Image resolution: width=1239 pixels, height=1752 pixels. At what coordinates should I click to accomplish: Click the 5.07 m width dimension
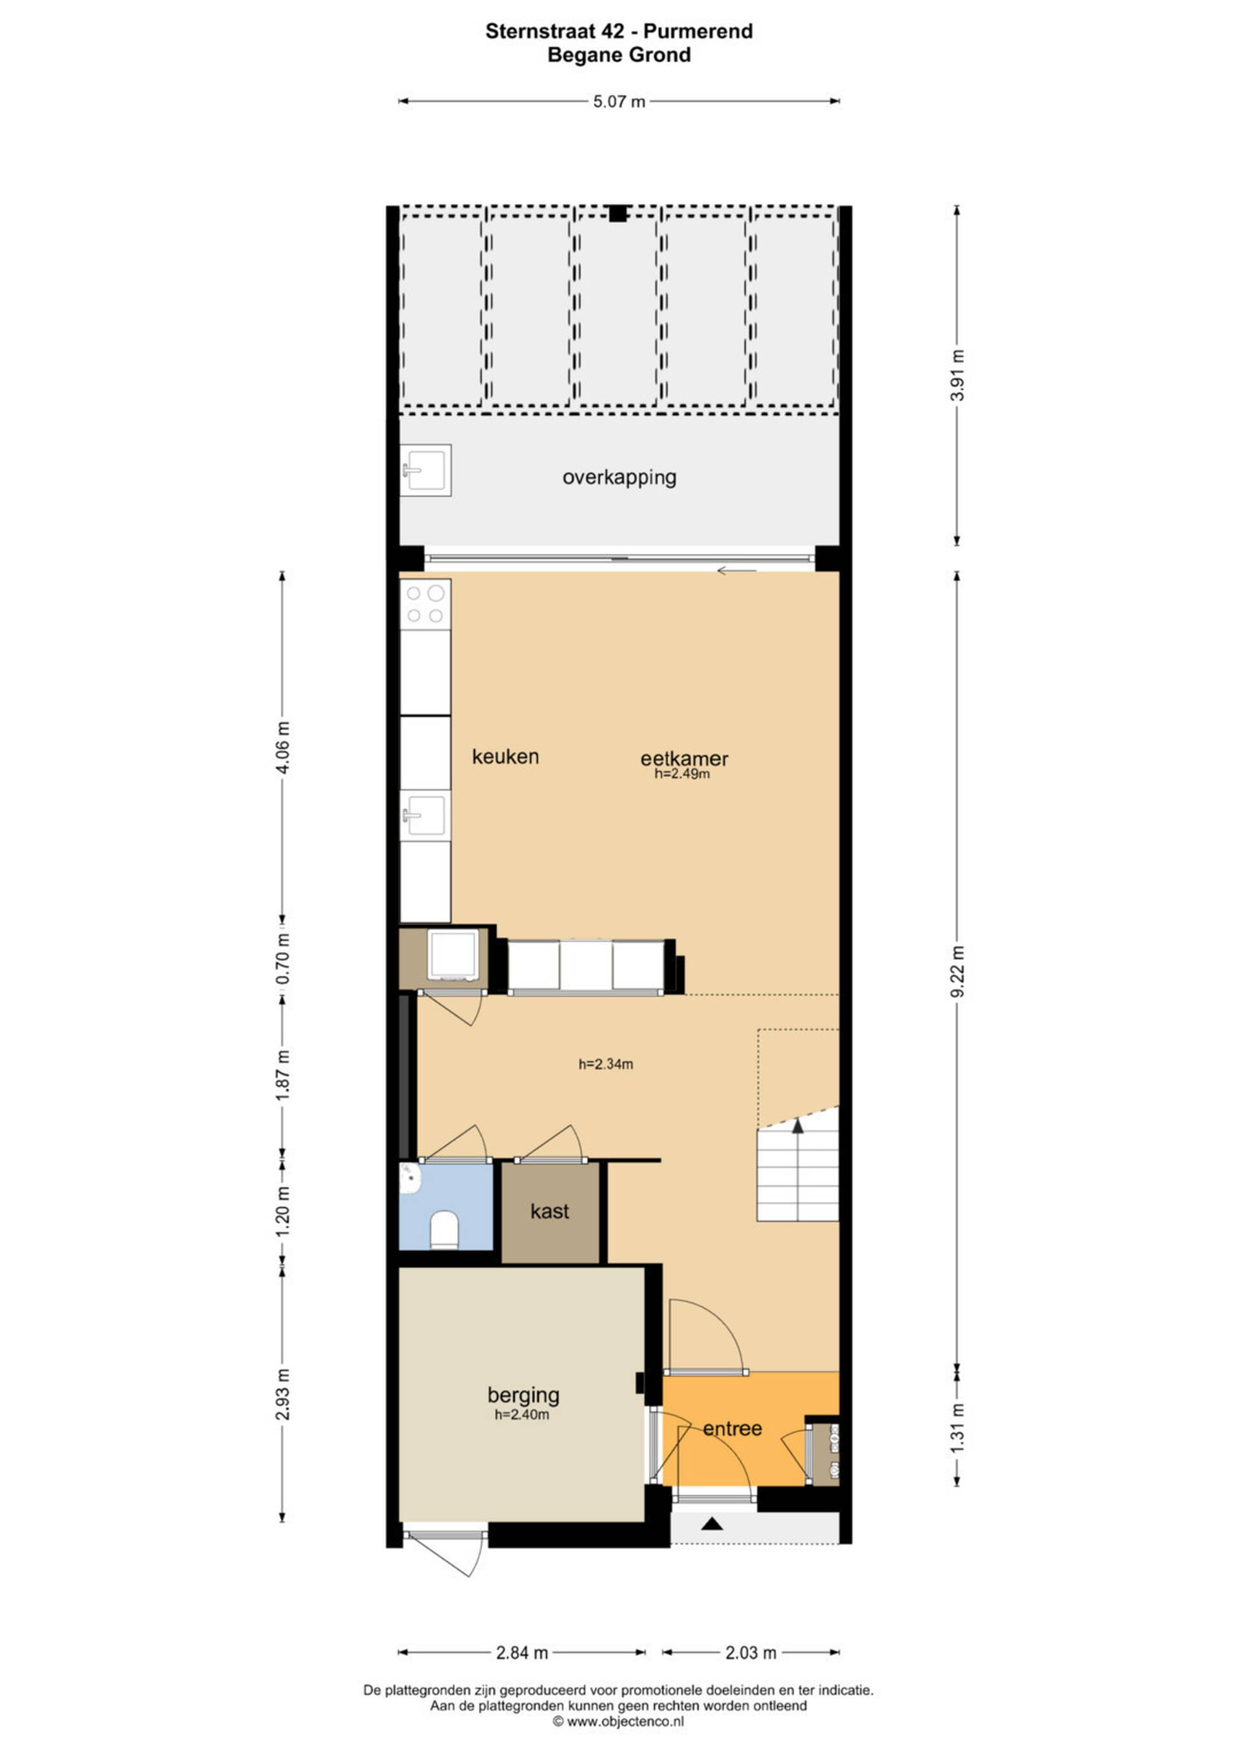click(x=619, y=101)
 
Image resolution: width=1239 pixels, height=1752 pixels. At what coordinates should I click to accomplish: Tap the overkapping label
click(x=619, y=478)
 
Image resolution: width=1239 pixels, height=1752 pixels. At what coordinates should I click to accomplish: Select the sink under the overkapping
click(x=426, y=470)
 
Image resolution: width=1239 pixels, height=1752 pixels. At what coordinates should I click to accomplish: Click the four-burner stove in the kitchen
click(x=426, y=604)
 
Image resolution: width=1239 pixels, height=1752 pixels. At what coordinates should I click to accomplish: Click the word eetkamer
click(x=684, y=759)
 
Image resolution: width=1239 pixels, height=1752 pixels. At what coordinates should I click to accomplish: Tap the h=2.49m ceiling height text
click(x=682, y=774)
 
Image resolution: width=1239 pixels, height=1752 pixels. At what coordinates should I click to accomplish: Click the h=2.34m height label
click(x=606, y=1064)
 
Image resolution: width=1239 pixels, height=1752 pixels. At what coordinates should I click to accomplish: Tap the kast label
click(x=550, y=1211)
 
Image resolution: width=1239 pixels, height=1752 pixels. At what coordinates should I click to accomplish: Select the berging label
click(x=523, y=1395)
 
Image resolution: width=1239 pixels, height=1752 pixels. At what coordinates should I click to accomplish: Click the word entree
click(x=732, y=1429)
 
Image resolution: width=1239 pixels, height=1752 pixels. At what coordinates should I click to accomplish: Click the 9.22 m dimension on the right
click(x=958, y=971)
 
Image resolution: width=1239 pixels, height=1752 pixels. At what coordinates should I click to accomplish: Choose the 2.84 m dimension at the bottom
click(x=522, y=1653)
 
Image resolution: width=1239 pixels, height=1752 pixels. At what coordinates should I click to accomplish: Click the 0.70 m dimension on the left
click(x=283, y=959)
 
